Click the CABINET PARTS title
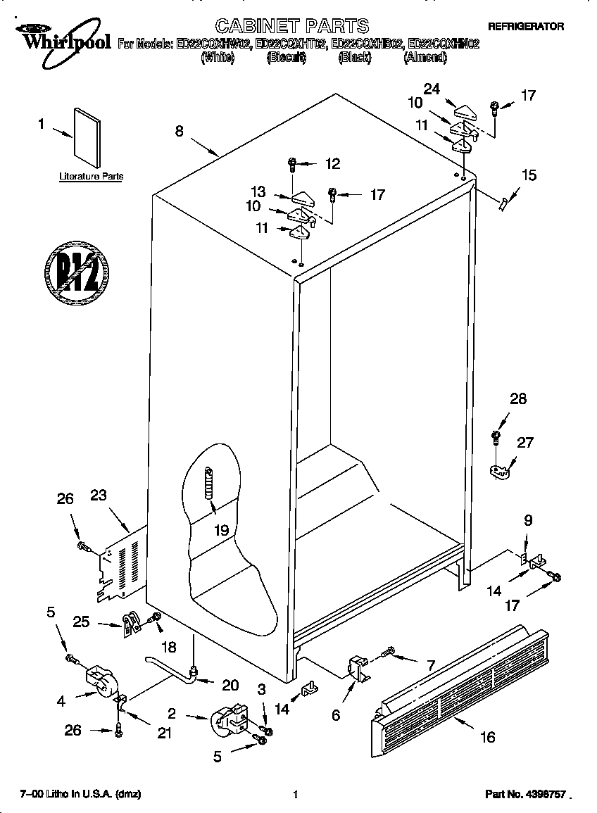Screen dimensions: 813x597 point(291,26)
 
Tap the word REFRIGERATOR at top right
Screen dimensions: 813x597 point(525,26)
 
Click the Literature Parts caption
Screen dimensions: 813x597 point(91,177)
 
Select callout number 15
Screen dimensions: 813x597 point(528,175)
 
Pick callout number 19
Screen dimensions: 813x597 point(222,530)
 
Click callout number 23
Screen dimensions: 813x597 point(98,495)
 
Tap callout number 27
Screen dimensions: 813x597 point(525,443)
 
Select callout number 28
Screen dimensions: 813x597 point(517,399)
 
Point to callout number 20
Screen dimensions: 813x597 point(230,685)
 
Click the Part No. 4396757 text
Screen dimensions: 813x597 point(525,794)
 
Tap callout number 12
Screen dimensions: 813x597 point(332,164)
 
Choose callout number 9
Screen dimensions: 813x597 point(527,521)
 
